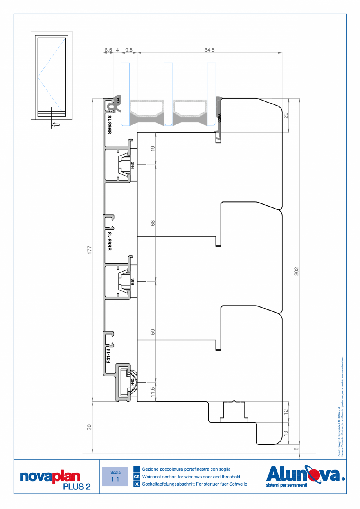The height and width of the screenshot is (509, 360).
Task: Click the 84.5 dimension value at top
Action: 209,50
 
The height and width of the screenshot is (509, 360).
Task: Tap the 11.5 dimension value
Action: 153,391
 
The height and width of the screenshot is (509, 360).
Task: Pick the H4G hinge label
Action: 133,382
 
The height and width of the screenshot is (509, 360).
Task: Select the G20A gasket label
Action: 220,118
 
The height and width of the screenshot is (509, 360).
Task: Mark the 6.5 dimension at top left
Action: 108,50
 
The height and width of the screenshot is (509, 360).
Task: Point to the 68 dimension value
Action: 153,223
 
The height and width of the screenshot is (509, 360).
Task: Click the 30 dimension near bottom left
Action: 89,427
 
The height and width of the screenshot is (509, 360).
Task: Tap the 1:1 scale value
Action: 115,479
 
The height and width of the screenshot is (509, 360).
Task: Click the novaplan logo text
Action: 50,476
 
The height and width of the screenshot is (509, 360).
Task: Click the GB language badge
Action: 137,477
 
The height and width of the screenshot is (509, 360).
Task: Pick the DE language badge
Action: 137,484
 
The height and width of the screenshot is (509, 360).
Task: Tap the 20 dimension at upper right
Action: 286,115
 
